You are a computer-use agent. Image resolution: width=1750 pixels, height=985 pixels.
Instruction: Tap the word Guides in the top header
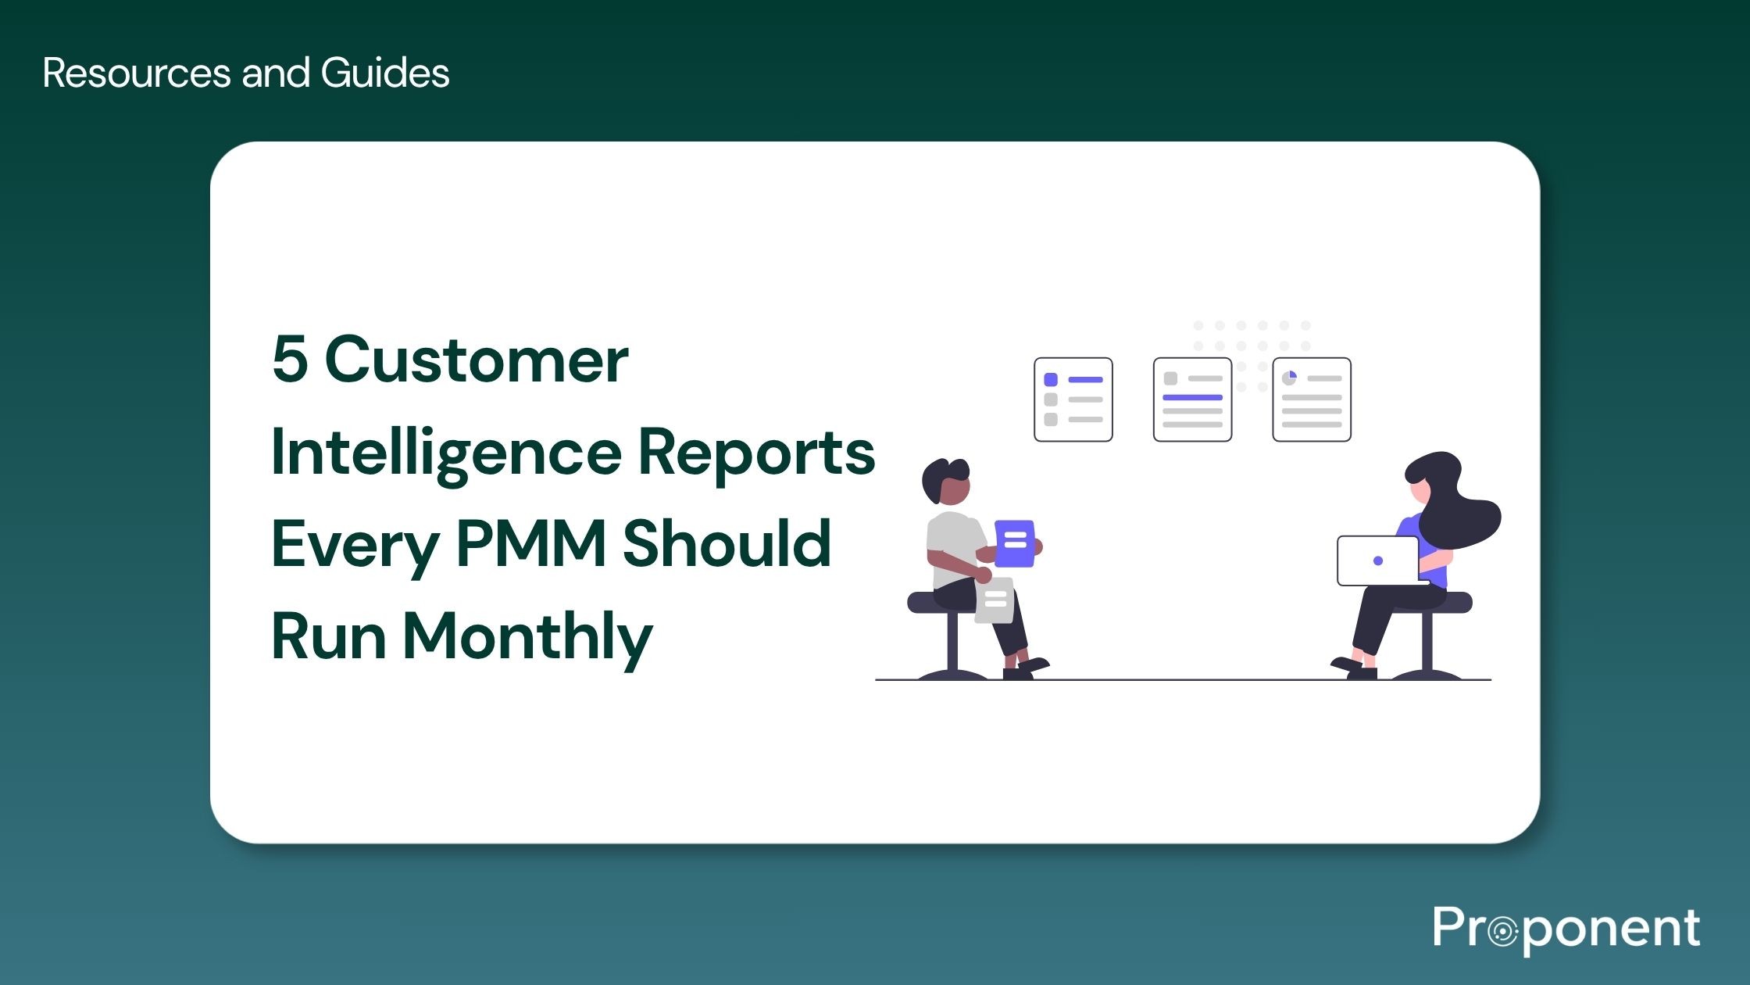point(384,73)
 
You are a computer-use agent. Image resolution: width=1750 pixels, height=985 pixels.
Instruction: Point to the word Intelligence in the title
point(446,453)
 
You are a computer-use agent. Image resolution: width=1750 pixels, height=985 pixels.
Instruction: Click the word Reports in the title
point(756,453)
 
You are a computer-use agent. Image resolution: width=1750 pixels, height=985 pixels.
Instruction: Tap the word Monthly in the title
point(527,637)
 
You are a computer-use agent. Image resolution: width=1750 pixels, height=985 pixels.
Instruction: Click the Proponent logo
point(1566,929)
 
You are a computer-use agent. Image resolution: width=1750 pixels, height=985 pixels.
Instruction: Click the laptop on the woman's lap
point(1378,561)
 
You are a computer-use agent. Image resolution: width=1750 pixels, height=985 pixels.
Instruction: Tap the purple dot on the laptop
point(1378,561)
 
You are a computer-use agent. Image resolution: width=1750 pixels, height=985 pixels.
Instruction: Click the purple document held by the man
point(1015,543)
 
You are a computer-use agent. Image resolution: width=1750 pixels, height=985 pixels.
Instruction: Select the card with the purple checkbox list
point(1073,399)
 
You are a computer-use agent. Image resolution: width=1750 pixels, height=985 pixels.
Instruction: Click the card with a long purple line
point(1192,399)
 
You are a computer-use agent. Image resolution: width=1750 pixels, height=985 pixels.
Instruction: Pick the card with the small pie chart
point(1312,399)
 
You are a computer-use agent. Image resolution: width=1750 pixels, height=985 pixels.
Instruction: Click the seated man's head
point(947,481)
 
